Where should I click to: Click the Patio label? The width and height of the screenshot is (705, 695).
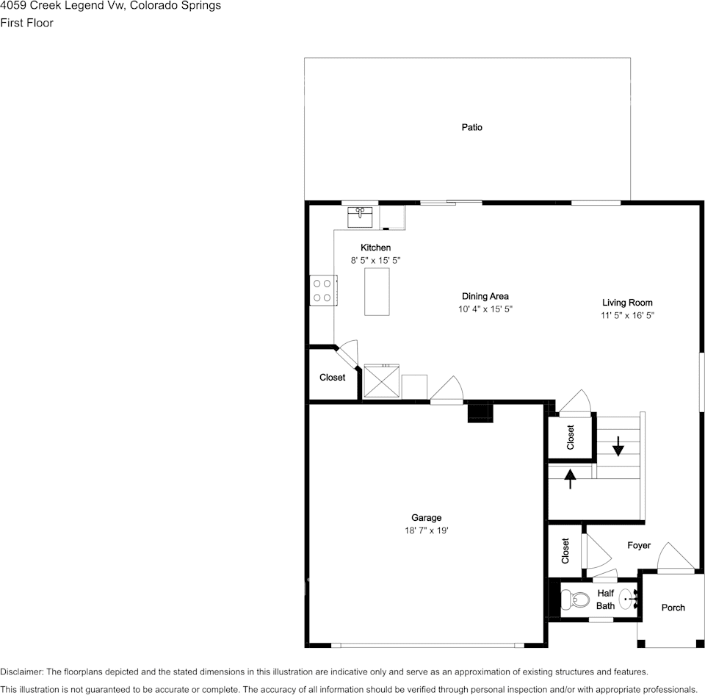pos(471,127)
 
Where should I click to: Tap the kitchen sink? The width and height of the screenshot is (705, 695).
pos(360,217)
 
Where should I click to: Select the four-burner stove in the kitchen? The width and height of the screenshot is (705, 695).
pos(323,291)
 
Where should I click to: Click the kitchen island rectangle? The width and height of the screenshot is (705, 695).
pos(377,292)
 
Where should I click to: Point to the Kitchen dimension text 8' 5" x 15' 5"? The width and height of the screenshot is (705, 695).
pos(375,261)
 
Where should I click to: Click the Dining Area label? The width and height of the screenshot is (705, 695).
pos(485,296)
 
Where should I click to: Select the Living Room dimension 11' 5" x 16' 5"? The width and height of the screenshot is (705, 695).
pos(627,315)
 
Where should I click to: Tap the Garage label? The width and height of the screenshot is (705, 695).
pos(426,518)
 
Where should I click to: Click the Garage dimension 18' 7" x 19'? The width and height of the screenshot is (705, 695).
pos(426,530)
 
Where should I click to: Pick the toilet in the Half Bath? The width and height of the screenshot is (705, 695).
pos(576,599)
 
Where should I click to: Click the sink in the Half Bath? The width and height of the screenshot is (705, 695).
pos(628,599)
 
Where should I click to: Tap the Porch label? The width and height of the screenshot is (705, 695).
pos(673,608)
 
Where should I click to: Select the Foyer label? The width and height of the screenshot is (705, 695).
pos(639,545)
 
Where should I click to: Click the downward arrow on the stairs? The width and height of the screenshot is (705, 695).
pos(618,446)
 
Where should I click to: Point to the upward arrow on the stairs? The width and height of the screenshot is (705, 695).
pos(570,478)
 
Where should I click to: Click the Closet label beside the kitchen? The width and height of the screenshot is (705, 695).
pos(332,378)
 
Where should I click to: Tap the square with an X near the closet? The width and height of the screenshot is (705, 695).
pos(381,381)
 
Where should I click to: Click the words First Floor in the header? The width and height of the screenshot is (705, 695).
pos(26,23)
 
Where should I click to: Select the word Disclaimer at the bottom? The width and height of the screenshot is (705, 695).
pos(22,671)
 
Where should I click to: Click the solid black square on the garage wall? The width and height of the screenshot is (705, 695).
pos(480,413)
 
